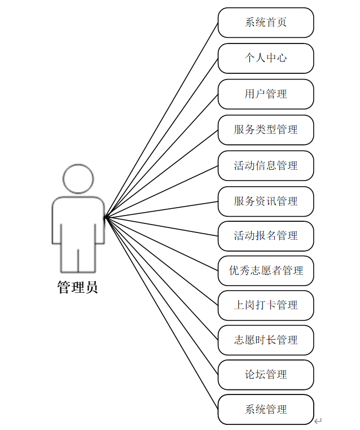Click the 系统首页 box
point(266,23)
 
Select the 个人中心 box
point(266,58)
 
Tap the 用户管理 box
point(266,94)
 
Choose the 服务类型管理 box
point(266,129)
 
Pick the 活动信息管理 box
point(266,165)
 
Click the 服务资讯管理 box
point(266,201)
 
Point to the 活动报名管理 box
point(266,236)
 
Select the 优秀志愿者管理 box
point(266,270)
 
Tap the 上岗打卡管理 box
point(266,305)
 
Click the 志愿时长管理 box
point(266,340)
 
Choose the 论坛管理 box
point(266,375)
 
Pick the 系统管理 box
point(266,409)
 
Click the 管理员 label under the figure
point(78,287)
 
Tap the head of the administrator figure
point(78,179)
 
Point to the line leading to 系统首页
point(161,120)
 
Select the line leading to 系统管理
point(161,313)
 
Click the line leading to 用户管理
point(161,155)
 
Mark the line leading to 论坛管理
point(161,295)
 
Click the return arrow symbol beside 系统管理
point(318,420)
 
